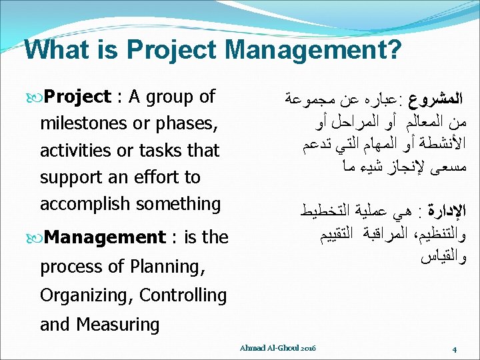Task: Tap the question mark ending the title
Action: (x=393, y=49)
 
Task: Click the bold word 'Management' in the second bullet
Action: (x=106, y=237)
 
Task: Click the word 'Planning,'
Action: (x=169, y=267)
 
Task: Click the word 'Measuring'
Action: (x=117, y=325)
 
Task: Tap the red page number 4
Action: (x=453, y=349)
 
